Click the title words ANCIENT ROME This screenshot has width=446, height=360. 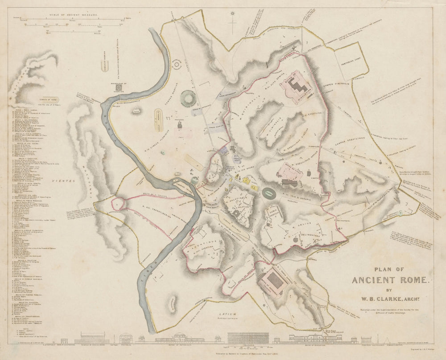tap(391, 280)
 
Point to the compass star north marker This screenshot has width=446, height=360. tap(232, 18)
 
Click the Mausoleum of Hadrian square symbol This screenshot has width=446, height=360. tap(118, 88)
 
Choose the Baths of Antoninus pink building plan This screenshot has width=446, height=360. tap(272, 280)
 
